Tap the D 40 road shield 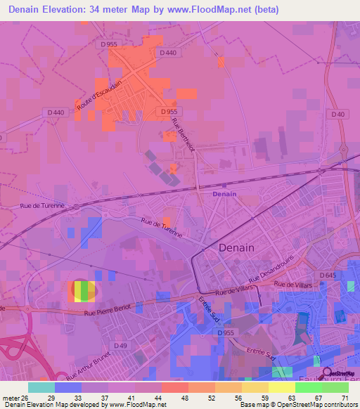click(338, 114)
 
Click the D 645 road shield click(327, 275)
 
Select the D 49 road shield click(121, 346)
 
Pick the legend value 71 click(345, 397)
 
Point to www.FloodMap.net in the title click(219, 10)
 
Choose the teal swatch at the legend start click(41, 387)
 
